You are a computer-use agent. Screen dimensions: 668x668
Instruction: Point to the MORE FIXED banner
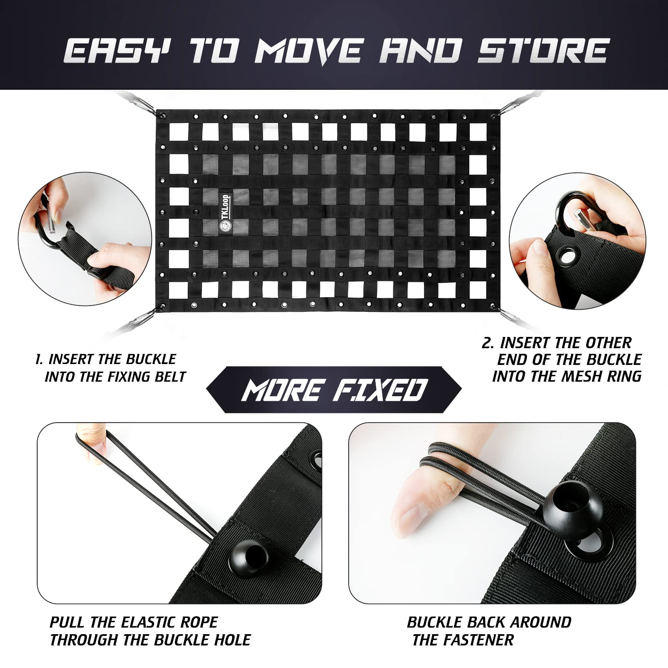point(334,390)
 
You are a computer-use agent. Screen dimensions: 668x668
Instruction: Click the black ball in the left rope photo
point(249,559)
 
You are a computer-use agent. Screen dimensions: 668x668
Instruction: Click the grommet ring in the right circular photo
point(567,256)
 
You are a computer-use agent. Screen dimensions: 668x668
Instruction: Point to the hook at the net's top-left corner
point(142,102)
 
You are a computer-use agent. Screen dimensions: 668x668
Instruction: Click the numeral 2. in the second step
point(488,343)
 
